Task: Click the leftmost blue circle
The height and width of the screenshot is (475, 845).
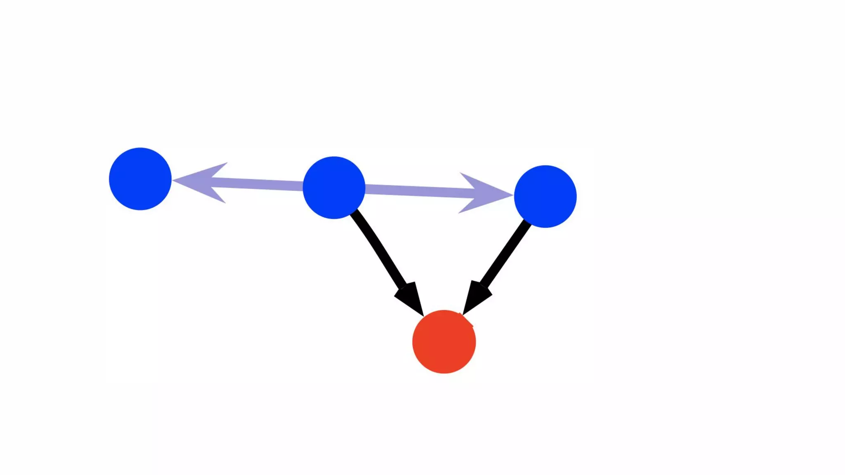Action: [140, 179]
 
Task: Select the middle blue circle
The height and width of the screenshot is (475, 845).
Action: [334, 188]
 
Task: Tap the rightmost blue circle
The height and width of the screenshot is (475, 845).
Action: [545, 196]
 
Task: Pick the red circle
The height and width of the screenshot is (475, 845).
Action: [444, 342]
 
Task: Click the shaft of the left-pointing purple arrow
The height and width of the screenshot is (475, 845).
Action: [260, 184]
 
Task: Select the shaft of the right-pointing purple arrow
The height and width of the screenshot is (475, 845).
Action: [417, 191]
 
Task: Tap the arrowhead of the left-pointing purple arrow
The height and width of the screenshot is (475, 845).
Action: [202, 182]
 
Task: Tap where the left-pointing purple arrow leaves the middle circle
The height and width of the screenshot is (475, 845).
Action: [303, 186]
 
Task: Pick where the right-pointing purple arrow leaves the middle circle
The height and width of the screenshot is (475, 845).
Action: [365, 189]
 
